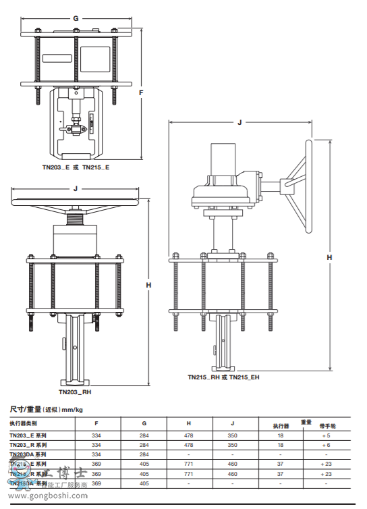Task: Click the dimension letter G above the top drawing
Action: (x=76, y=18)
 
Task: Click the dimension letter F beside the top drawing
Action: (x=141, y=92)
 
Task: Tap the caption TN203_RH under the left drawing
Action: (x=75, y=392)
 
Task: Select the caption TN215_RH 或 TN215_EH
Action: (x=223, y=377)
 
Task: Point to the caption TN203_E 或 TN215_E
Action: (x=76, y=167)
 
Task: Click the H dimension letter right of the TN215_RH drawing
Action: (x=329, y=257)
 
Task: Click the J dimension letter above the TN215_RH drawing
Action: (x=239, y=122)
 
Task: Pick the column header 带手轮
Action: (x=327, y=427)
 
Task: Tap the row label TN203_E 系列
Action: (x=28, y=436)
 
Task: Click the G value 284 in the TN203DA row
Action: (x=144, y=455)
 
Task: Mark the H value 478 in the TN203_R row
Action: (x=188, y=446)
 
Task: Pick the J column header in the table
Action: (x=233, y=423)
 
